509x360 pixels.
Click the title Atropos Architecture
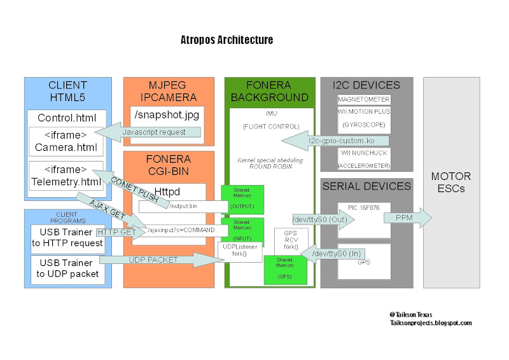[x=227, y=40]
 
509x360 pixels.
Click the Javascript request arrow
[x=152, y=132]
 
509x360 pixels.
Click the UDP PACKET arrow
[x=153, y=260]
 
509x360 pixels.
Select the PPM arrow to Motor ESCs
[x=405, y=218]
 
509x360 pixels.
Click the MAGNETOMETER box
[x=364, y=100]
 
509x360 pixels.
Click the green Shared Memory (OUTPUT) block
[x=242, y=197]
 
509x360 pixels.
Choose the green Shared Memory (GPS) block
[x=285, y=269]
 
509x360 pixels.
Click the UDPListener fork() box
[x=239, y=249]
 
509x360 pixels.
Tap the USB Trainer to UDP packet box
[x=69, y=268]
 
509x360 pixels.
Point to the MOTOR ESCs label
[x=451, y=183]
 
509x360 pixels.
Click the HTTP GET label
[x=118, y=232]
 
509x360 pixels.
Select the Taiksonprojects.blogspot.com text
[x=431, y=323]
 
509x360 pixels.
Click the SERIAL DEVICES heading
[x=366, y=186]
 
